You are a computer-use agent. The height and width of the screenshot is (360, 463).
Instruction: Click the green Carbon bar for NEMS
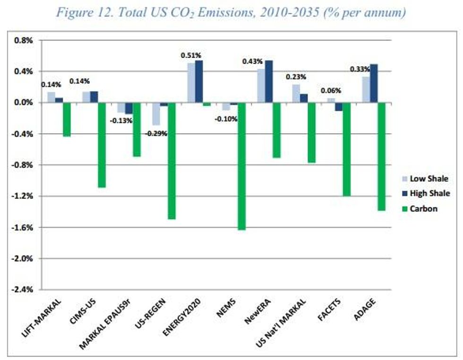pyautogui.click(x=241, y=166)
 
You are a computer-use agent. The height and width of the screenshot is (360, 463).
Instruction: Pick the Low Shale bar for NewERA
pyautogui.click(x=261, y=86)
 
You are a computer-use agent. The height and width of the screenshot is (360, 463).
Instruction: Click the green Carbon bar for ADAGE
pyautogui.click(x=382, y=156)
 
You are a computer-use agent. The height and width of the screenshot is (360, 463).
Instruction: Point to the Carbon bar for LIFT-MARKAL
pyautogui.click(x=67, y=120)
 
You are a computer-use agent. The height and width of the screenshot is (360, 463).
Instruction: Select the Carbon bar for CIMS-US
pyautogui.click(x=102, y=145)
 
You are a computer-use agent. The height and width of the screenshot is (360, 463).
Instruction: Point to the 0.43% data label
pyautogui.click(x=253, y=61)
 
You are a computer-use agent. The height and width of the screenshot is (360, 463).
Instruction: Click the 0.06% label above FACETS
pyautogui.click(x=331, y=91)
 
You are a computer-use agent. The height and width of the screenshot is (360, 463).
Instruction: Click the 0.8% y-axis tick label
pyautogui.click(x=26, y=41)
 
